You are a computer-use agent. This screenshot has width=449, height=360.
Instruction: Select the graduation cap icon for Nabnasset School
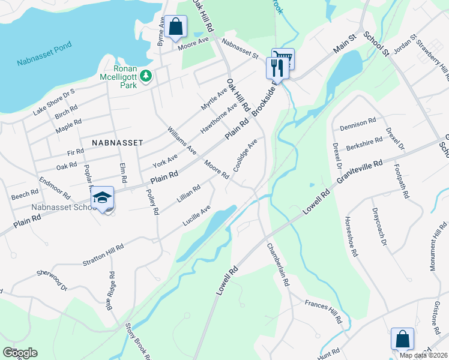click(103, 198)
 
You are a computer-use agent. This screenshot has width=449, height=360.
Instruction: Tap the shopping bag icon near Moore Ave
click(175, 27)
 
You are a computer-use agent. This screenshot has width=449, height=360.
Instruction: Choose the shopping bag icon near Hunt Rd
click(402, 339)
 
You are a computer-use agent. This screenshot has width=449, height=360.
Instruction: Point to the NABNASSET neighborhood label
click(117, 143)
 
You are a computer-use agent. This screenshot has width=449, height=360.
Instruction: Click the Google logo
click(20, 353)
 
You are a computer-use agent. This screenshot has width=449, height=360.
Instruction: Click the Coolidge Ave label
click(245, 155)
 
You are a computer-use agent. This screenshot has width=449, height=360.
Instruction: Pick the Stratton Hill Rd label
click(103, 256)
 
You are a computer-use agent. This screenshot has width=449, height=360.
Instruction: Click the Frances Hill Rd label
click(323, 311)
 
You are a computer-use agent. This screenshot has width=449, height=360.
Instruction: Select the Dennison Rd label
click(357, 125)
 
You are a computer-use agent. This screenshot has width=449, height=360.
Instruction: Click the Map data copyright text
click(423, 355)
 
